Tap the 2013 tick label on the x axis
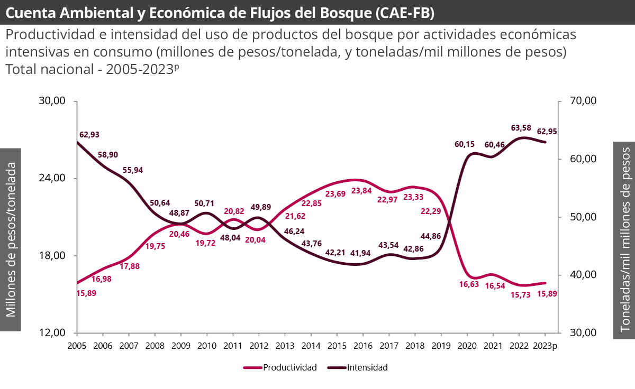tap(285, 345)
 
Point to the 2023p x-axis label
tap(546, 345)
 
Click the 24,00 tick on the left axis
tap(52, 178)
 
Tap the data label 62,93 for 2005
tap(89, 134)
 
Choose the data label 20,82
tap(233, 211)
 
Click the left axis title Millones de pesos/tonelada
tap(11, 239)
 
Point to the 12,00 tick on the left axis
tap(52, 333)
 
